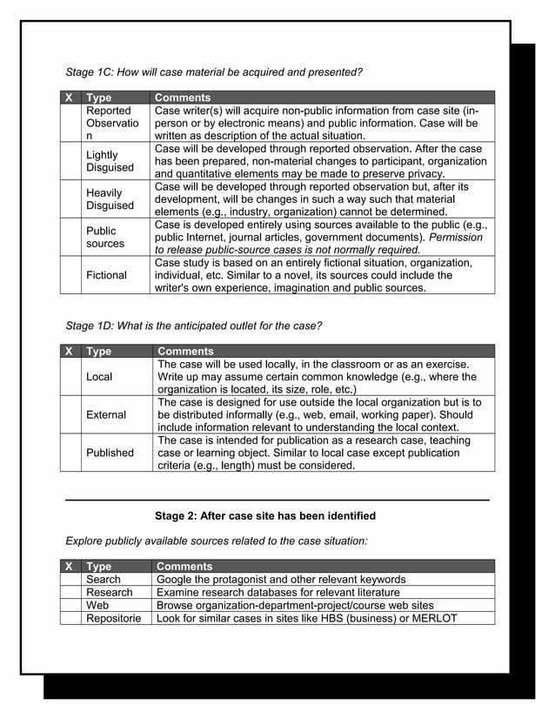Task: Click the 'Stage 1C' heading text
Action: (x=214, y=71)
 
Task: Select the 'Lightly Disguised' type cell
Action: (x=110, y=161)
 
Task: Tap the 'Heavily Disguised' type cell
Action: (x=110, y=199)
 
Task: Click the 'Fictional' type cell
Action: (x=106, y=275)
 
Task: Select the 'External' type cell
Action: (x=106, y=415)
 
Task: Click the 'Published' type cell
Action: (x=110, y=453)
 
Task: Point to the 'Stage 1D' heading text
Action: (x=194, y=326)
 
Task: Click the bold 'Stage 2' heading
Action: (x=265, y=515)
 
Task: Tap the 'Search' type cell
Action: (x=104, y=579)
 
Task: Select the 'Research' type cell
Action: (x=110, y=592)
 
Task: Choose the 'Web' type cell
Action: (x=97, y=605)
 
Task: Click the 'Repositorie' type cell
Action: (x=113, y=618)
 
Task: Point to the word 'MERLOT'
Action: (x=431, y=618)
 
